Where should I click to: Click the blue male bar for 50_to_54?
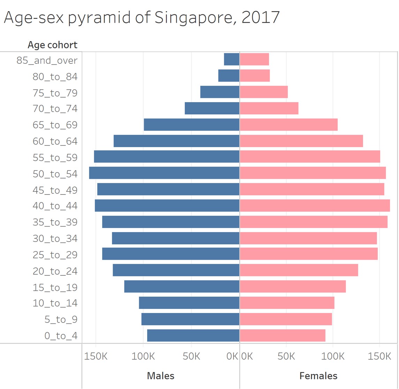pos(164,173)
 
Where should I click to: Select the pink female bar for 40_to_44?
pos(315,206)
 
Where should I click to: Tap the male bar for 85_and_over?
pos(232,59)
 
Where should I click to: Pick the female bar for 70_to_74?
pos(269,108)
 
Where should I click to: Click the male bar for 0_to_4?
pos(193,335)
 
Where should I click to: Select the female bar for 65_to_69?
pos(288,125)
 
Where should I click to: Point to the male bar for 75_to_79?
pos(220,92)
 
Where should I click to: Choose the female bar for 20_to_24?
pos(299,270)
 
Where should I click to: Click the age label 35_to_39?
pos(55,222)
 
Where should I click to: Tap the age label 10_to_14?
pos(55,303)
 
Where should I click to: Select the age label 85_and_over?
pos(47,60)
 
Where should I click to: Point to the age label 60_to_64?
pos(55,141)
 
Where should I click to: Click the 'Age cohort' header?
pos(53,45)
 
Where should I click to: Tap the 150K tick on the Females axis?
pos(379,357)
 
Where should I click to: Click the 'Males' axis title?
pos(160,376)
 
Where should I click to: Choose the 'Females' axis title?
pos(318,376)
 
